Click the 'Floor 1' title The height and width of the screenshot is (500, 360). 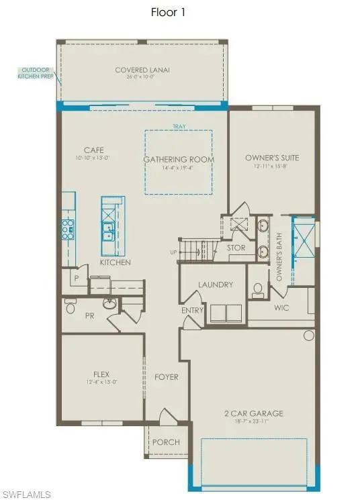pyautogui.click(x=179, y=11)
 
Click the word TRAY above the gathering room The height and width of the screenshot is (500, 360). pyautogui.click(x=178, y=126)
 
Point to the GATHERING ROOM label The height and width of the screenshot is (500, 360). pyautogui.click(x=178, y=159)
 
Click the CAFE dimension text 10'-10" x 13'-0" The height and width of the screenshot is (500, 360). pyautogui.click(x=93, y=158)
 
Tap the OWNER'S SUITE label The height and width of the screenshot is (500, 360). pyautogui.click(x=271, y=158)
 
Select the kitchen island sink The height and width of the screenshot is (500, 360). pyautogui.click(x=107, y=231)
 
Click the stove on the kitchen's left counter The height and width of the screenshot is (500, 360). pyautogui.click(x=68, y=229)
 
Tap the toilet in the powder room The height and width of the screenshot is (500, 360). pyautogui.click(x=71, y=307)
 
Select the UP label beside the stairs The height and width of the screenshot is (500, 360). pyautogui.click(x=173, y=252)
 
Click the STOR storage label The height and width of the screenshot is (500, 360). pyautogui.click(x=236, y=248)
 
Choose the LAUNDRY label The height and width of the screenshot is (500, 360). pyautogui.click(x=215, y=285)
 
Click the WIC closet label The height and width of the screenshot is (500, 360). pyautogui.click(x=281, y=308)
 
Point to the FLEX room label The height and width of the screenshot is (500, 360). pyautogui.click(x=101, y=374)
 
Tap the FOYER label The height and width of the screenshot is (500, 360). pyautogui.click(x=167, y=377)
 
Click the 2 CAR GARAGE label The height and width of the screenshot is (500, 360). pyautogui.click(x=254, y=413)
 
